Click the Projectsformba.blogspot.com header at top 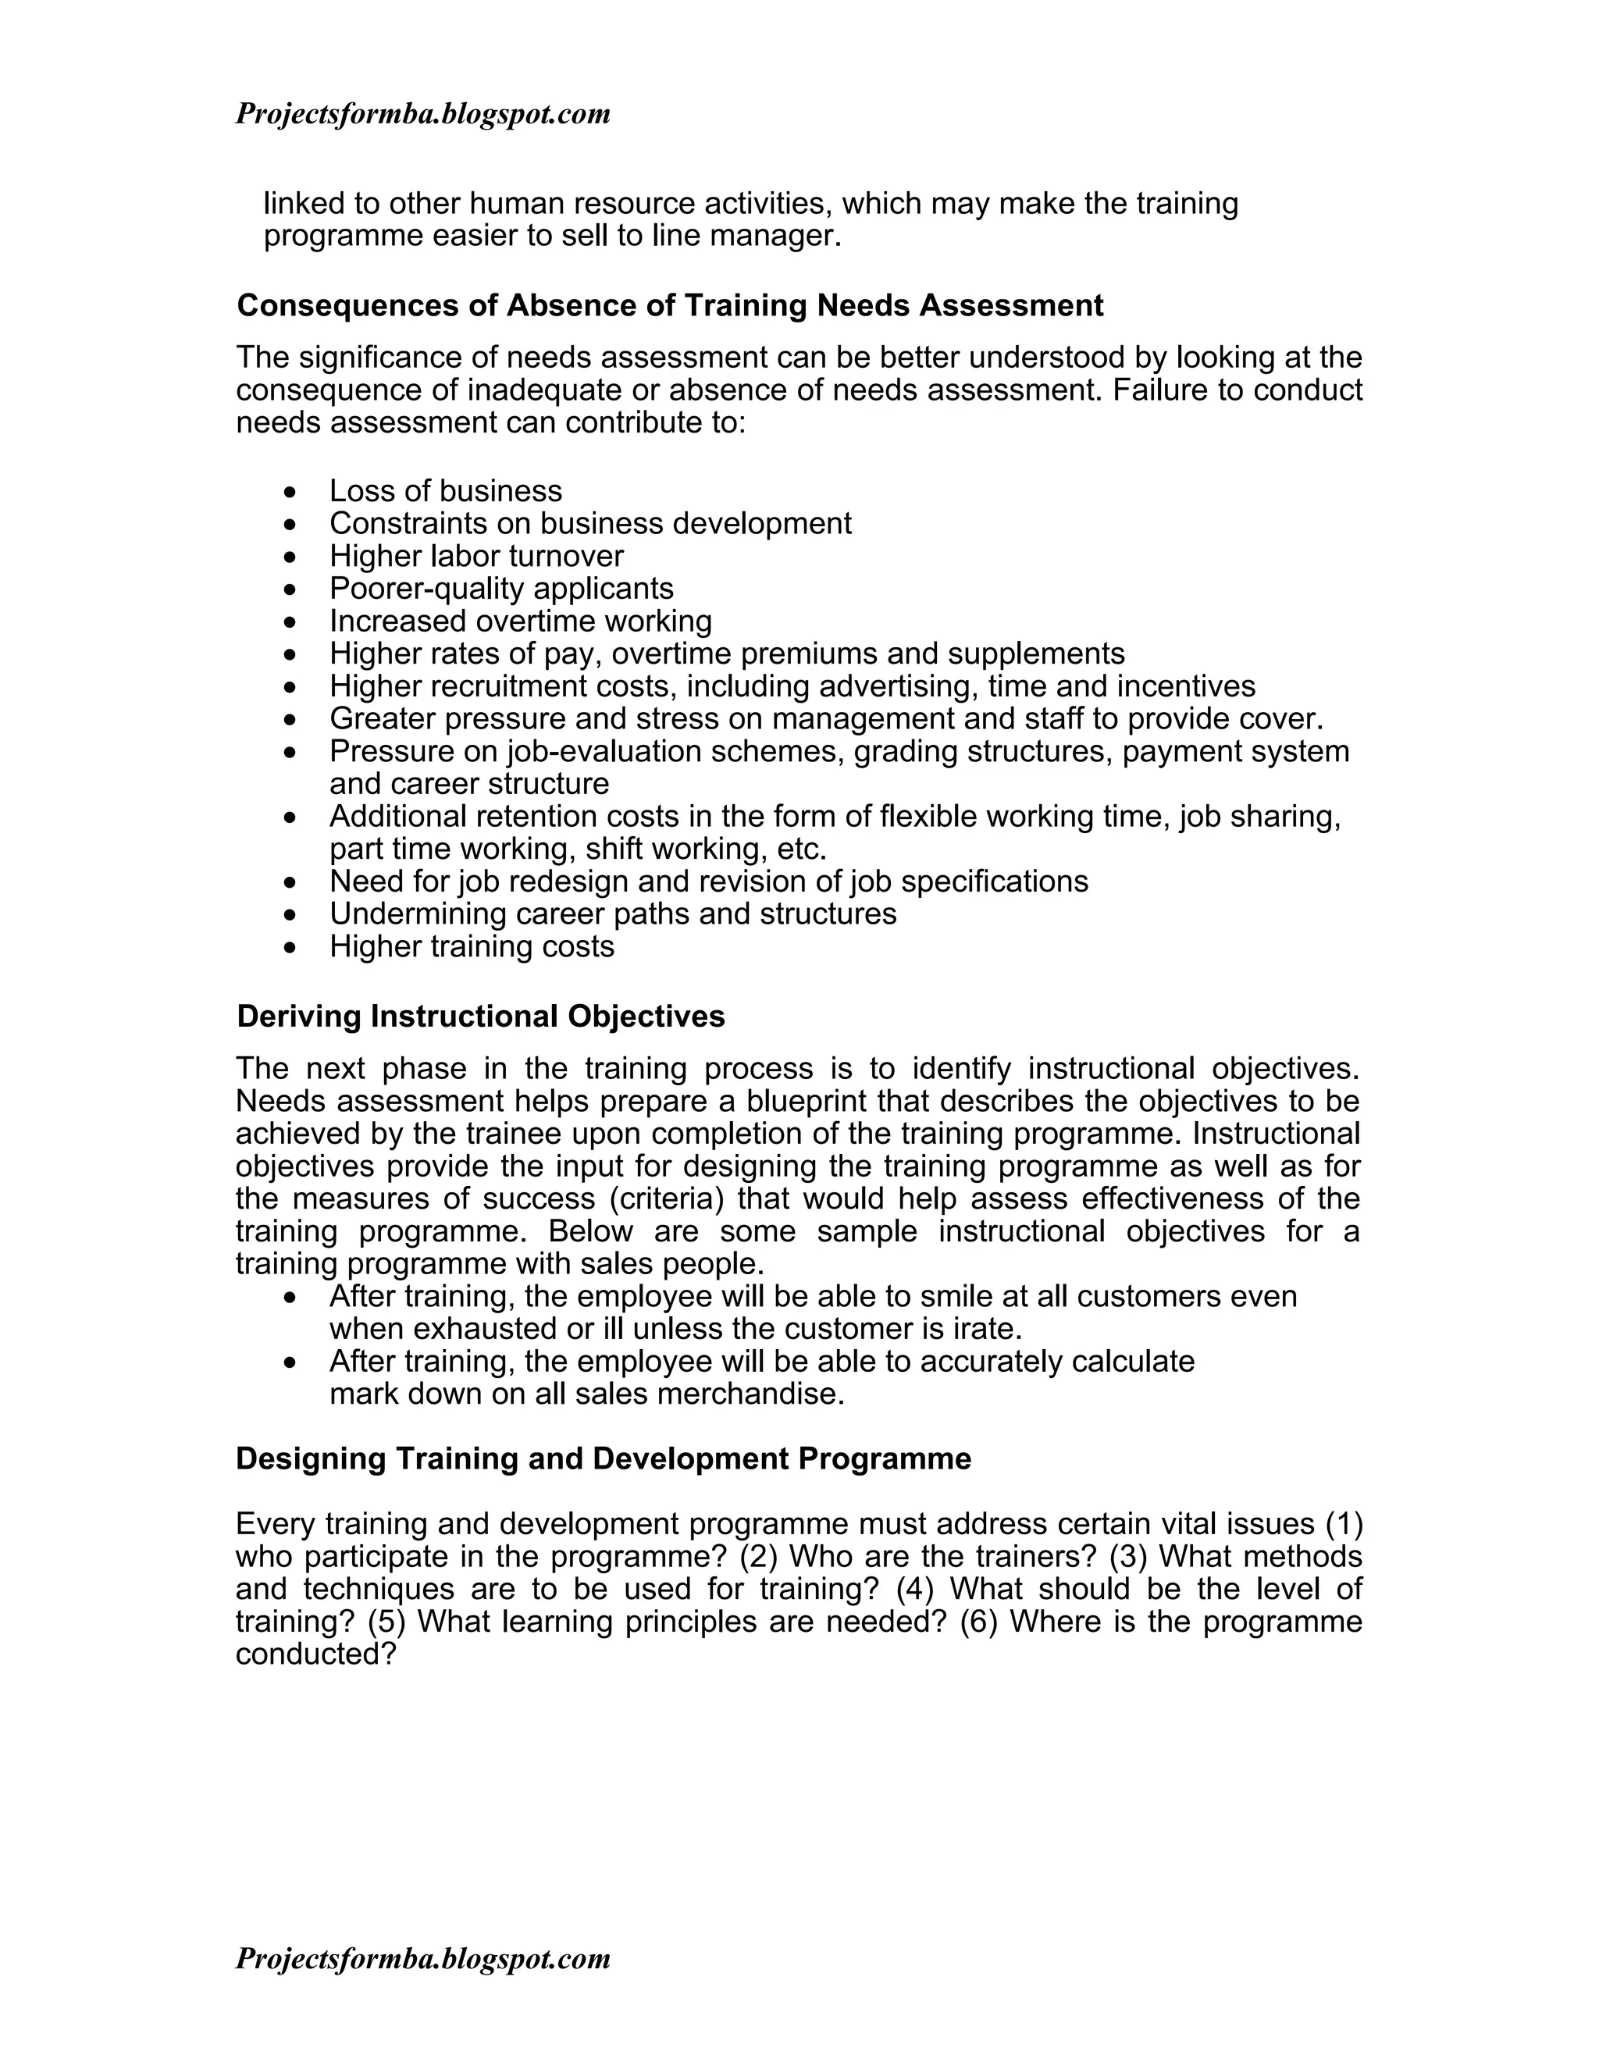[422, 115]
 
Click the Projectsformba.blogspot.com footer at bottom [422, 1958]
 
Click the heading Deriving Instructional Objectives [480, 1017]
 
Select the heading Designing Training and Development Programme [604, 1458]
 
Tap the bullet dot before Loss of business [290, 493]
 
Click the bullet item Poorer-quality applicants [501, 589]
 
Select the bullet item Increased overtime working [520, 621]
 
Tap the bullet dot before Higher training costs [290, 947]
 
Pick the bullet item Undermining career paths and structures [612, 914]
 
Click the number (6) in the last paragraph [978, 1621]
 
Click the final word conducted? [315, 1654]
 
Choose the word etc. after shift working [801, 849]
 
